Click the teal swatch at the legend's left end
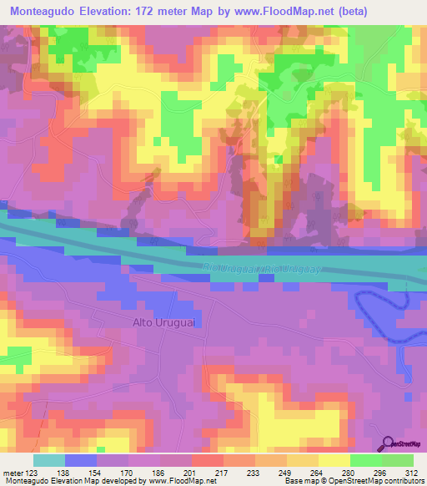click(49, 460)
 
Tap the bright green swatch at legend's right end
click(398, 460)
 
